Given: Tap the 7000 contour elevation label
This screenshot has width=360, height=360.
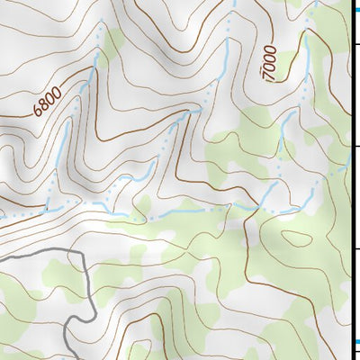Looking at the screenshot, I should click(271, 65).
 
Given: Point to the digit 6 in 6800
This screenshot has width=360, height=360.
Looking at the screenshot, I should click(38, 112).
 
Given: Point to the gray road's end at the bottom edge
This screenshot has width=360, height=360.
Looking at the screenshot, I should click(72, 357).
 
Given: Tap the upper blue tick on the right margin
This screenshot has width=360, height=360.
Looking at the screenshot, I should click(355, 6).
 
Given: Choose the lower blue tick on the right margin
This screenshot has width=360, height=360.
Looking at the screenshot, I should click(355, 342).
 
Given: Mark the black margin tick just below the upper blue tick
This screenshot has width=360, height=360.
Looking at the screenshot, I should click(355, 42).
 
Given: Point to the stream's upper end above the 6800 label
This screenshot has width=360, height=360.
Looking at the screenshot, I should click(96, 54).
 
